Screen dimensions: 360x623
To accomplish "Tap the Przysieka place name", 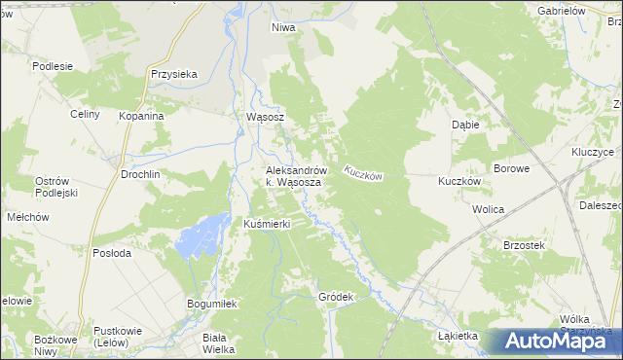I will (x=174, y=73).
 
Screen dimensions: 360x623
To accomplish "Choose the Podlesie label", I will (x=53, y=66).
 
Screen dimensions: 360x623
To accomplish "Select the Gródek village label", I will (x=334, y=296).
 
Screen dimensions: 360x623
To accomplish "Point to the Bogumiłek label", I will (x=212, y=304).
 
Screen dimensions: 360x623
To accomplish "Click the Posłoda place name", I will (x=111, y=252).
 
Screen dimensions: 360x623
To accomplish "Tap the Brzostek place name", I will (x=523, y=246).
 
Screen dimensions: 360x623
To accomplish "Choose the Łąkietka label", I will (x=458, y=336).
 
